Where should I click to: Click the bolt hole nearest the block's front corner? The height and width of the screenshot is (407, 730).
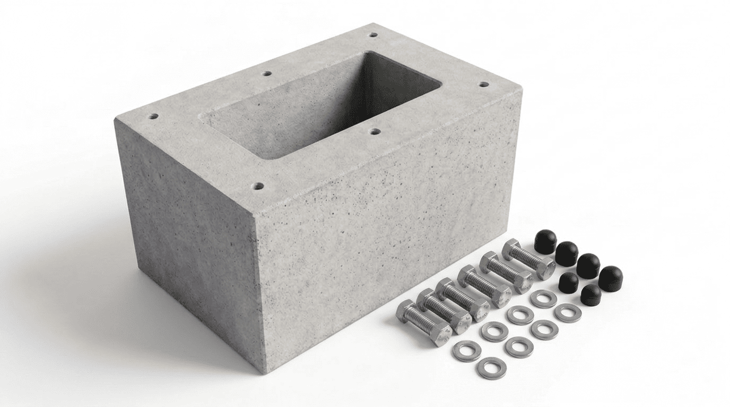tap(258, 187)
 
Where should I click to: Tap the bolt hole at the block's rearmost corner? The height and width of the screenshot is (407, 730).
tap(373, 35)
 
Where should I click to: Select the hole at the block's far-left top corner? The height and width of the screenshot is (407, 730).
tap(153, 116)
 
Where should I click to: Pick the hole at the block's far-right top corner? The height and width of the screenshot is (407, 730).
tap(483, 84)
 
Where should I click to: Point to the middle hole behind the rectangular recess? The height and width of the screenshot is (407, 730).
tap(267, 74)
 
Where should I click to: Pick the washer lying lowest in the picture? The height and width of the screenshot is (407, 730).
tap(491, 368)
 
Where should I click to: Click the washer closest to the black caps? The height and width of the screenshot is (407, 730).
tap(568, 313)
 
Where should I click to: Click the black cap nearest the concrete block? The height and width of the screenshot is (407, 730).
tap(545, 241)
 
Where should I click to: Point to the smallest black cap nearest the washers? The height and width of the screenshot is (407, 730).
tap(590, 295)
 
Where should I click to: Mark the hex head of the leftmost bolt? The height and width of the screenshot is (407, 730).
tap(440, 334)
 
